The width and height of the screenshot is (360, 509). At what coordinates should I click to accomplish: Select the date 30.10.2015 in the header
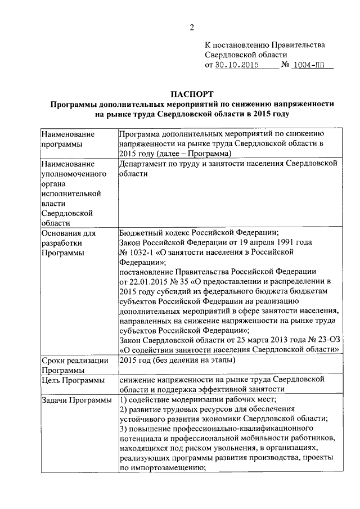tap(238, 65)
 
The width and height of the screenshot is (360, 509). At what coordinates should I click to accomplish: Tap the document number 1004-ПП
tap(313, 65)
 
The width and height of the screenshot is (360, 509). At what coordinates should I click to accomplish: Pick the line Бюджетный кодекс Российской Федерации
tap(197, 232)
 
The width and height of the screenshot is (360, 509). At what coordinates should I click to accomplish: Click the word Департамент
tap(145, 164)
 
